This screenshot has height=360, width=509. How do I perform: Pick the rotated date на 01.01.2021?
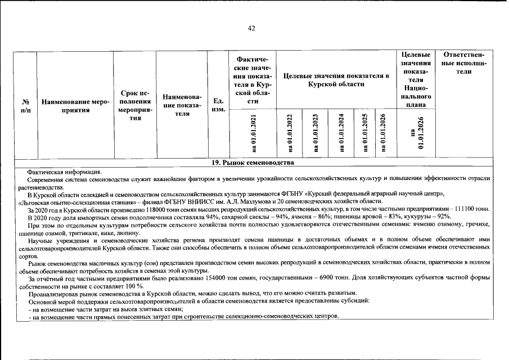coord(254,133)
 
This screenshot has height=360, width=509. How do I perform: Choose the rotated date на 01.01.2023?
coord(316,133)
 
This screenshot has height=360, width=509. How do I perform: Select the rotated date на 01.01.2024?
coord(341,133)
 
